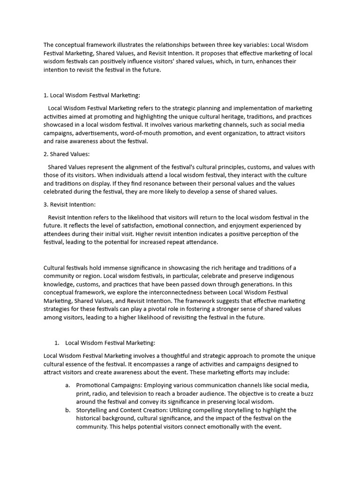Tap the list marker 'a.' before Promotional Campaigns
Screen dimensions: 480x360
pos(68,385)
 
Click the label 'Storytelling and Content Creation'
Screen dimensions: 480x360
pos(121,410)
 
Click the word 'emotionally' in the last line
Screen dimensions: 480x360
pos(210,427)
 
